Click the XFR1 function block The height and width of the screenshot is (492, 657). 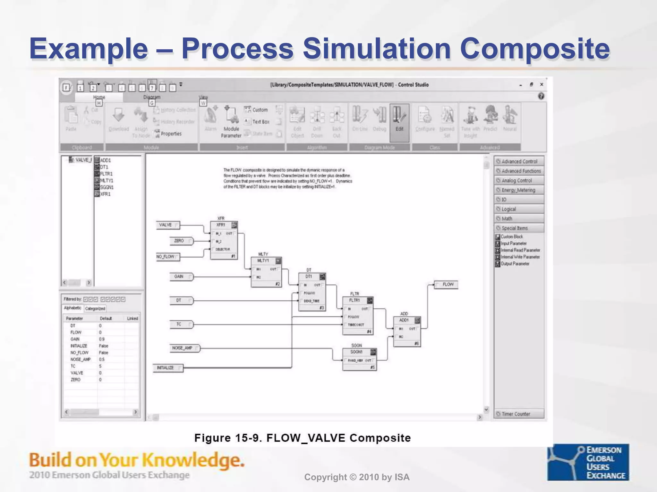coord(224,240)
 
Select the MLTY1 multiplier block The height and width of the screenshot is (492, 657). coord(266,272)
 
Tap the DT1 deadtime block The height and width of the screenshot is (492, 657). coord(312,292)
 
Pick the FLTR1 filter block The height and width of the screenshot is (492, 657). coord(358,316)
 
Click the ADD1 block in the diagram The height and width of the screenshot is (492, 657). coord(407,332)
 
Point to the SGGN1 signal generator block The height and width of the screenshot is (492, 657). coord(359,359)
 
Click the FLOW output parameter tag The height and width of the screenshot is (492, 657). coord(446,284)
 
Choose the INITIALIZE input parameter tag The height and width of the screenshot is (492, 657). coord(167,368)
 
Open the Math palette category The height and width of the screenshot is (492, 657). coord(519,218)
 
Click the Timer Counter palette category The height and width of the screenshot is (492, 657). coord(519,414)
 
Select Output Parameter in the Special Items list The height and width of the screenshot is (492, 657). coord(515,264)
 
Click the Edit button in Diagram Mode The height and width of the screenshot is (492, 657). coord(399,122)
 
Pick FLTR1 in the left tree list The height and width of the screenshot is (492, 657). coord(106,174)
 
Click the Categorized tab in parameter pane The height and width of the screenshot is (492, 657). coord(95,308)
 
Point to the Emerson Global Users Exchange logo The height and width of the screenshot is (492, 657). coord(588,462)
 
